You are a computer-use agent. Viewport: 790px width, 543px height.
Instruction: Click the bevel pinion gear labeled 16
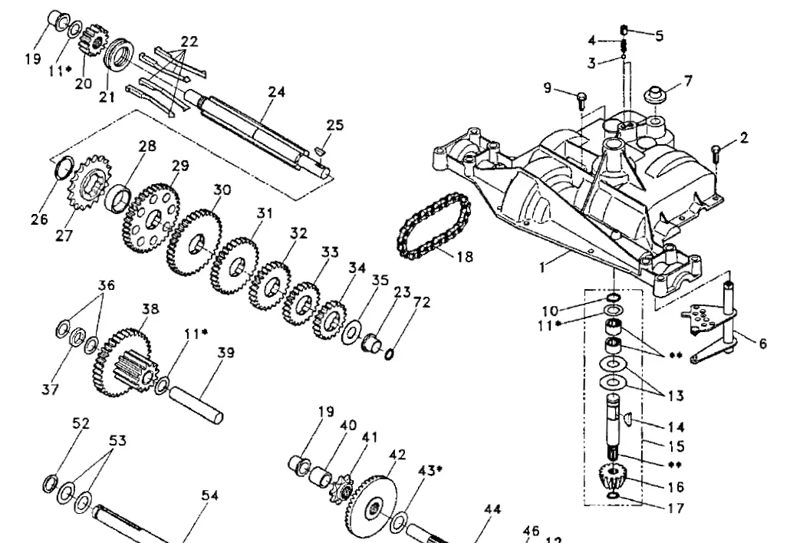[614, 479]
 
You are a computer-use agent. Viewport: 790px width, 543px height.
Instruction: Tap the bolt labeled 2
[716, 151]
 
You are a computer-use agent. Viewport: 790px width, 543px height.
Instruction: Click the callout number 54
[209, 495]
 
